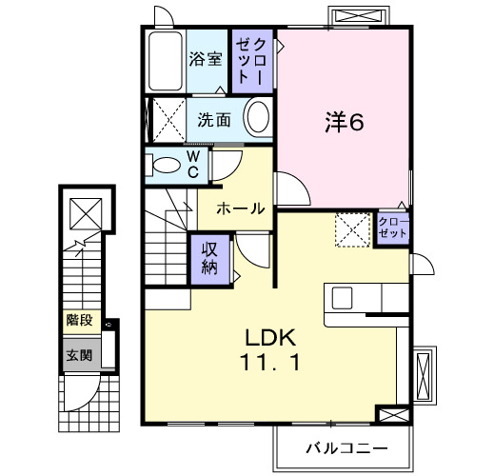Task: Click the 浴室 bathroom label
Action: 206,58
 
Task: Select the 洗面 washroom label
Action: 214,121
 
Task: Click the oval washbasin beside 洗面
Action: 257,121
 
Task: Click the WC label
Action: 192,164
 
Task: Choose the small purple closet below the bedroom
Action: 393,228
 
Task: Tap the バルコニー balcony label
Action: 346,446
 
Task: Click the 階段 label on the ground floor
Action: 79,321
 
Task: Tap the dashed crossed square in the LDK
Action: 351,228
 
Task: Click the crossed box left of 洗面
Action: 166,121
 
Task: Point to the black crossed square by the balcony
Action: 389,415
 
